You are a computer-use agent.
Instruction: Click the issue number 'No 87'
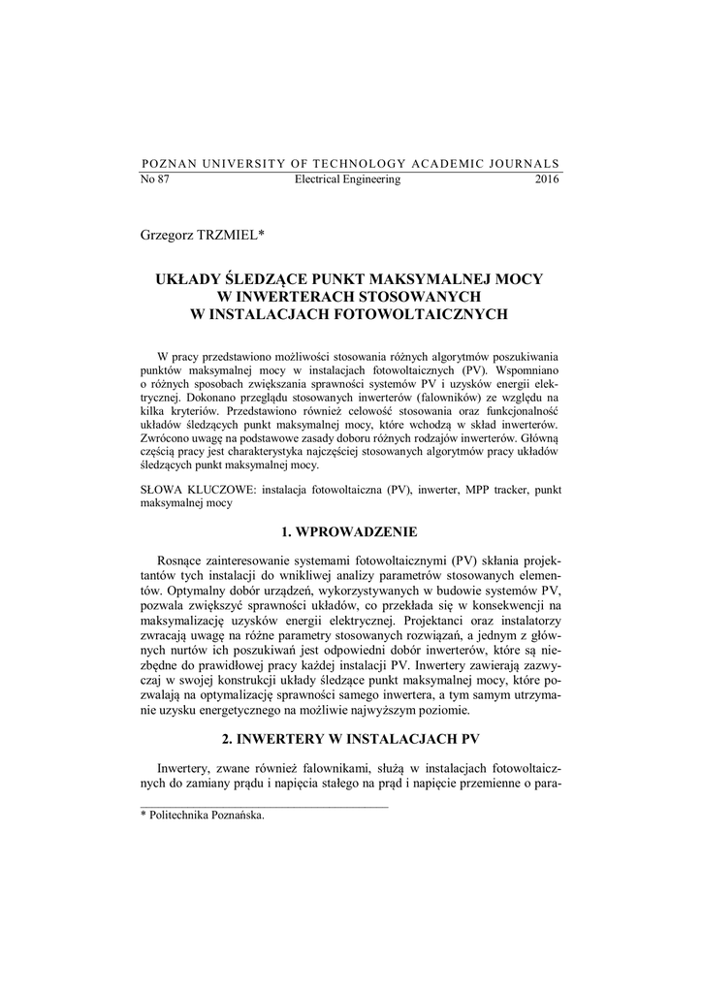[155, 180]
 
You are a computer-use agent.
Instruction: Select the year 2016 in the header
[547, 180]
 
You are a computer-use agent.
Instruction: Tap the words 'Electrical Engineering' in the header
[347, 180]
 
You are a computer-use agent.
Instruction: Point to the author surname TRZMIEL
[232, 236]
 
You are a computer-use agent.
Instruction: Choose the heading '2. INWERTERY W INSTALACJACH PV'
[351, 739]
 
